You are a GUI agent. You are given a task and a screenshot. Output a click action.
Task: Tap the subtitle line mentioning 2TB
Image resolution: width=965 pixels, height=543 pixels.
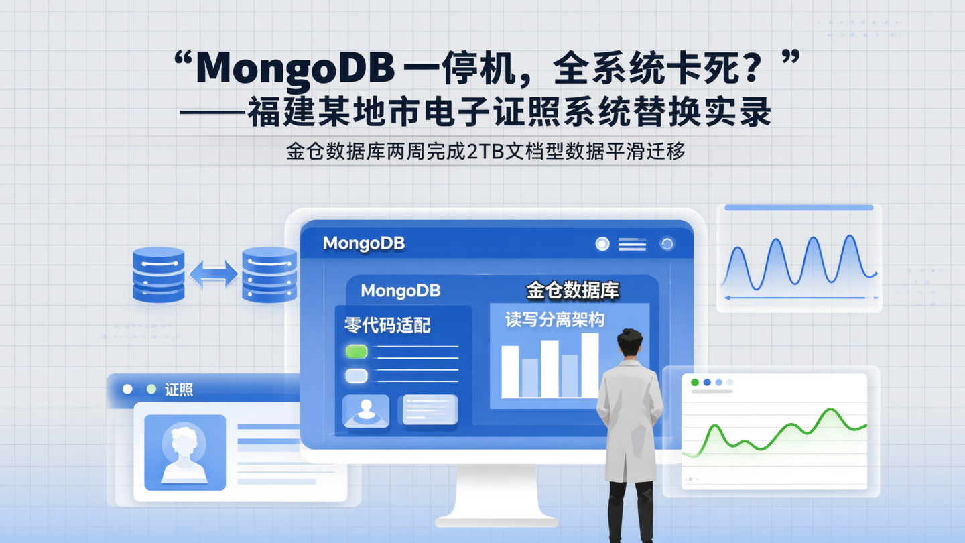click(485, 152)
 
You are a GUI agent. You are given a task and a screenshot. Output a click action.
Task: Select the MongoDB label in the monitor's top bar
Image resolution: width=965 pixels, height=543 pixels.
click(364, 243)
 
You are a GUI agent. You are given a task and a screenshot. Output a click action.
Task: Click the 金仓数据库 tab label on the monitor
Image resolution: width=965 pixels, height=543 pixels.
click(572, 290)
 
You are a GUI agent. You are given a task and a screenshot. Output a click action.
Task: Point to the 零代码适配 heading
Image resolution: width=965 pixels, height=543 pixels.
click(387, 326)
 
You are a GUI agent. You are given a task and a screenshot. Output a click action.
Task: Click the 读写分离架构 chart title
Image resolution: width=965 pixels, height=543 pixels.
click(555, 320)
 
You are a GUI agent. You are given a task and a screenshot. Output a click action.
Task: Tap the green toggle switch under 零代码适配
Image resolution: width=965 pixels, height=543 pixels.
click(356, 351)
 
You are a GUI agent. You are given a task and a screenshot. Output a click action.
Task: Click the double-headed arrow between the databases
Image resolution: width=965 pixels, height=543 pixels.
click(213, 274)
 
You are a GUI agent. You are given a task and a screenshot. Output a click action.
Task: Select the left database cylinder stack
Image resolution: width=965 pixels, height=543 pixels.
click(159, 274)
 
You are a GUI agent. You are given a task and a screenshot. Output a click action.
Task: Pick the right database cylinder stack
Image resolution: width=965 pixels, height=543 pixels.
click(269, 274)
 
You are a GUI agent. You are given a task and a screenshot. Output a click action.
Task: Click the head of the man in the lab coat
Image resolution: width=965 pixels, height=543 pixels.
click(629, 343)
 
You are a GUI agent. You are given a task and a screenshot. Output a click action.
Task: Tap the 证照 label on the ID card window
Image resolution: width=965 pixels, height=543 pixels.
click(179, 389)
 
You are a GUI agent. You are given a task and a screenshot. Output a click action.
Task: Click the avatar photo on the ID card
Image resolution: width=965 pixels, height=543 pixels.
click(185, 452)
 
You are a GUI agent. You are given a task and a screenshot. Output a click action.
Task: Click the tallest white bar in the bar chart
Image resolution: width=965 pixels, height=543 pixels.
click(590, 365)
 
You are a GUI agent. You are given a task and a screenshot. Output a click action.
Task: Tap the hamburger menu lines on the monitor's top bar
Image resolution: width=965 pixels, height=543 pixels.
click(632, 245)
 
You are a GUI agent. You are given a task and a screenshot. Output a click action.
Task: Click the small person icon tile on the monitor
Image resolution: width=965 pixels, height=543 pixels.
click(366, 410)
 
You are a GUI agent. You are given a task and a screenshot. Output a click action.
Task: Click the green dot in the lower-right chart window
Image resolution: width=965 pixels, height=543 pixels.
click(695, 382)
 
